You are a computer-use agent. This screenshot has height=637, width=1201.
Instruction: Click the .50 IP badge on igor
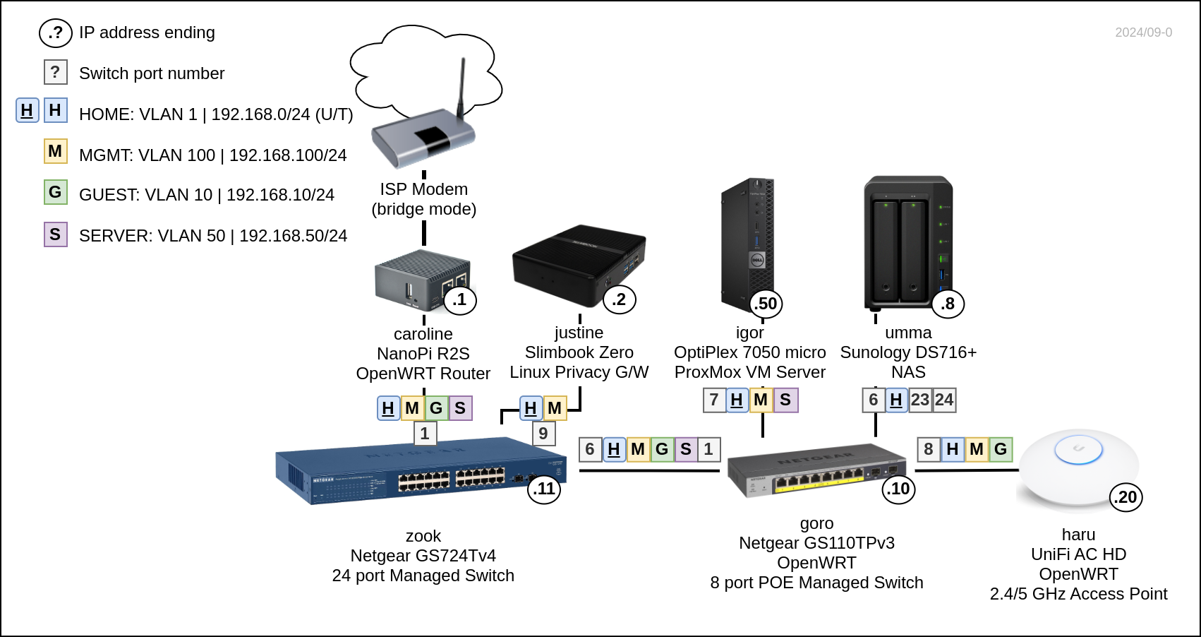[766, 304]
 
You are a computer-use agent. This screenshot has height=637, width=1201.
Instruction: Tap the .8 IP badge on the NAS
[948, 304]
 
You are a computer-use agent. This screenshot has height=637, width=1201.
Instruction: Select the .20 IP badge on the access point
[1126, 497]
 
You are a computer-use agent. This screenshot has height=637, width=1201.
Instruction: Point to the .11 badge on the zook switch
[544, 489]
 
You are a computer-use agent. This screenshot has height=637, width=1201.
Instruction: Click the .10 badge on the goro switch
[898, 489]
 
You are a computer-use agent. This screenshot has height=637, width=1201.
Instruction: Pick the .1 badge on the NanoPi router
[460, 299]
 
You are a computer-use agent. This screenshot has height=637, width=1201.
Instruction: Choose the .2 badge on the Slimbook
[620, 299]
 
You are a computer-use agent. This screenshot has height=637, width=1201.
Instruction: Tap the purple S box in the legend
[56, 234]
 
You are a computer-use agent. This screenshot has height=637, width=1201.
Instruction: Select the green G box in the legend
[56, 192]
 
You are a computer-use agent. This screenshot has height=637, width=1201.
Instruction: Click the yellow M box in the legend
[56, 151]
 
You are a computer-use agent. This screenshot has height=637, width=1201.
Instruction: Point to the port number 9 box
[543, 433]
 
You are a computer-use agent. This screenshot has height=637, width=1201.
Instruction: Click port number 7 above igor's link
[714, 400]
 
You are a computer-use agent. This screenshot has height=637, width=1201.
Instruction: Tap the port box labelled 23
[920, 400]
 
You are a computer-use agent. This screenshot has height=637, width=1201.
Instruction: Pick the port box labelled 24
[944, 400]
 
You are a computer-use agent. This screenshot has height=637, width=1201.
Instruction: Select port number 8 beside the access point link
[929, 449]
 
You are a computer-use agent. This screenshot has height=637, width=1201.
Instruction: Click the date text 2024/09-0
[1143, 32]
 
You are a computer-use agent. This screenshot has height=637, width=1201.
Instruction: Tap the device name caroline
[423, 334]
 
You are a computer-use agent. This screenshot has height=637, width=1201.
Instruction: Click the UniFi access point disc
[1078, 466]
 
